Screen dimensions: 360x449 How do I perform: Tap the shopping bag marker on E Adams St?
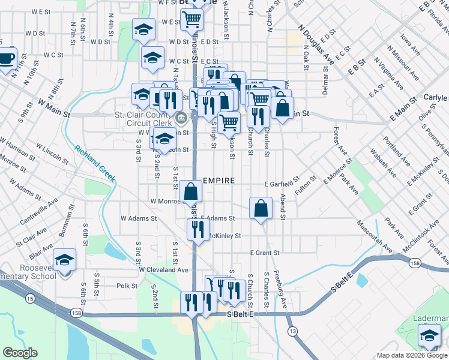pyautogui.click(x=261, y=209)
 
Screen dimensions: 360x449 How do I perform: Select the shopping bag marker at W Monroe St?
pyautogui.click(x=191, y=192)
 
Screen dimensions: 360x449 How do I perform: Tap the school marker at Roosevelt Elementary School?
pyautogui.click(x=64, y=260)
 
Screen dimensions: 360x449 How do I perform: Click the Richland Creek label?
pyautogui.click(x=95, y=163)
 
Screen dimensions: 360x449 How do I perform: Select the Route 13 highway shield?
pyautogui.click(x=292, y=331)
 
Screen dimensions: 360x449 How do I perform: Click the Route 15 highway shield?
pyautogui.click(x=28, y=298)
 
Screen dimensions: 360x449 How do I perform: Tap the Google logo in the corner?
pyautogui.click(x=20, y=353)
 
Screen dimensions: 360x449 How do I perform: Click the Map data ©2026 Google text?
pyautogui.click(x=412, y=355)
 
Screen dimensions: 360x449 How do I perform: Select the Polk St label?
pyautogui.click(x=127, y=286)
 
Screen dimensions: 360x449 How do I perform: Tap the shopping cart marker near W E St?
pyautogui.click(x=192, y=20)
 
